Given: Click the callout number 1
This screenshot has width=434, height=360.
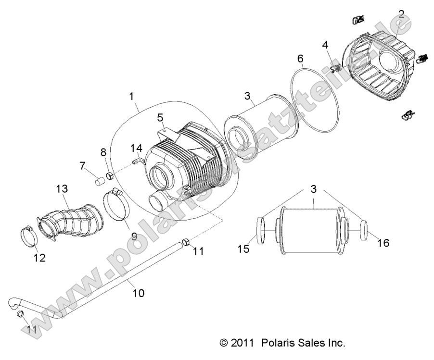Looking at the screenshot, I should pyautogui.click(x=131, y=97).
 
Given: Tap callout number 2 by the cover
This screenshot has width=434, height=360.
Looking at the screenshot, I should pyautogui.click(x=401, y=14).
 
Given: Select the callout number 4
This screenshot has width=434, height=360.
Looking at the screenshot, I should pyautogui.click(x=325, y=46).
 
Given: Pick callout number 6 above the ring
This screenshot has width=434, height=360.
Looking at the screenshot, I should pyautogui.click(x=300, y=59).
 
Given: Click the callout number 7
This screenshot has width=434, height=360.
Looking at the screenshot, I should pyautogui.click(x=82, y=166).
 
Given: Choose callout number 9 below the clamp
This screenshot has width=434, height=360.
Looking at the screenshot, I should pyautogui.click(x=134, y=236).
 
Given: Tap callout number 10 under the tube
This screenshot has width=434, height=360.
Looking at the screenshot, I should pyautogui.click(x=138, y=292).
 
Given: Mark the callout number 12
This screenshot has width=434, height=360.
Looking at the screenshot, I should pyautogui.click(x=39, y=258).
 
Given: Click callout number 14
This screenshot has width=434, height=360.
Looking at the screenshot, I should pyautogui.click(x=136, y=148).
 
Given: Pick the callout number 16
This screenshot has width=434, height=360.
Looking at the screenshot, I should pyautogui.click(x=383, y=243).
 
